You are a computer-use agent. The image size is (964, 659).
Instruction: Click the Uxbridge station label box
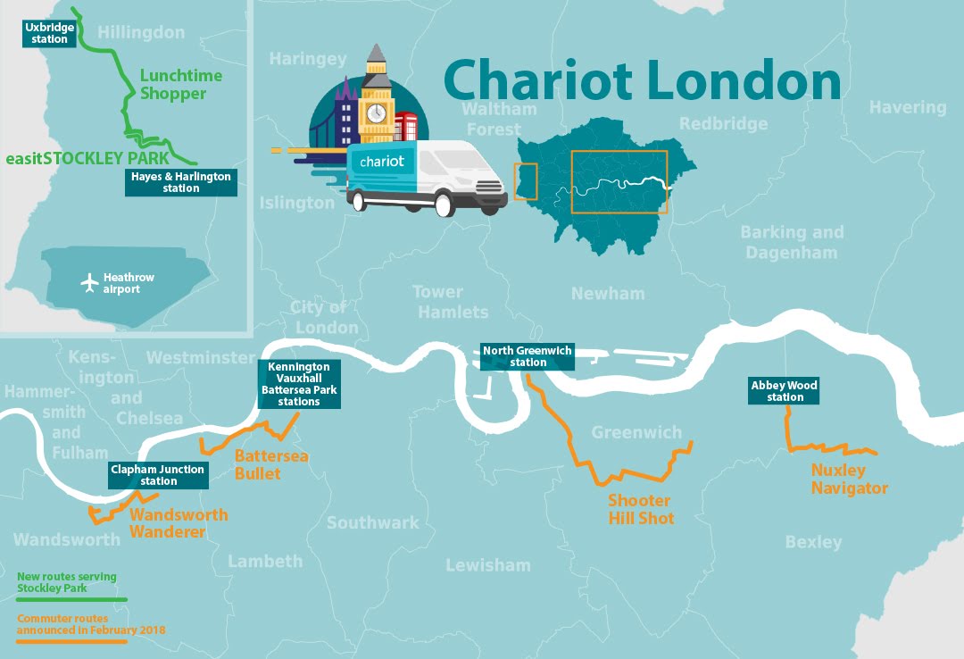(48, 34)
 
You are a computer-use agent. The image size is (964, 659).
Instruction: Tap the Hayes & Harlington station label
(181, 183)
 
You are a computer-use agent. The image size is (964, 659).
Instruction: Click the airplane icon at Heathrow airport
(89, 283)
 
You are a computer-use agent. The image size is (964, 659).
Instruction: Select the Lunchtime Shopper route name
(180, 85)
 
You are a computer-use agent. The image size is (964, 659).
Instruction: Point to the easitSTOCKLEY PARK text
(87, 159)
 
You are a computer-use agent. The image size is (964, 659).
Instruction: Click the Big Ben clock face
(377, 113)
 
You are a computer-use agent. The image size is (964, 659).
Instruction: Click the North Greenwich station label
(528, 356)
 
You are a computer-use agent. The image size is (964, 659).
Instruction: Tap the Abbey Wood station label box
(784, 391)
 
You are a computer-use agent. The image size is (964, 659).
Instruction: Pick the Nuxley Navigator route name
(850, 480)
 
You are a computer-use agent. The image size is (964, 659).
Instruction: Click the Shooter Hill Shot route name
(640, 509)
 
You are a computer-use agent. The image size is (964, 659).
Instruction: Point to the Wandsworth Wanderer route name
(179, 523)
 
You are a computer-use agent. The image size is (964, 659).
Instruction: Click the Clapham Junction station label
(158, 475)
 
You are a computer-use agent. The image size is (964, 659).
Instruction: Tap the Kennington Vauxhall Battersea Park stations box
(299, 385)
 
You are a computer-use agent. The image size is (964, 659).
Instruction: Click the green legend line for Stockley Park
(71, 599)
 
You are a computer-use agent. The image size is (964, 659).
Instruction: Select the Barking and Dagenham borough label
(791, 242)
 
